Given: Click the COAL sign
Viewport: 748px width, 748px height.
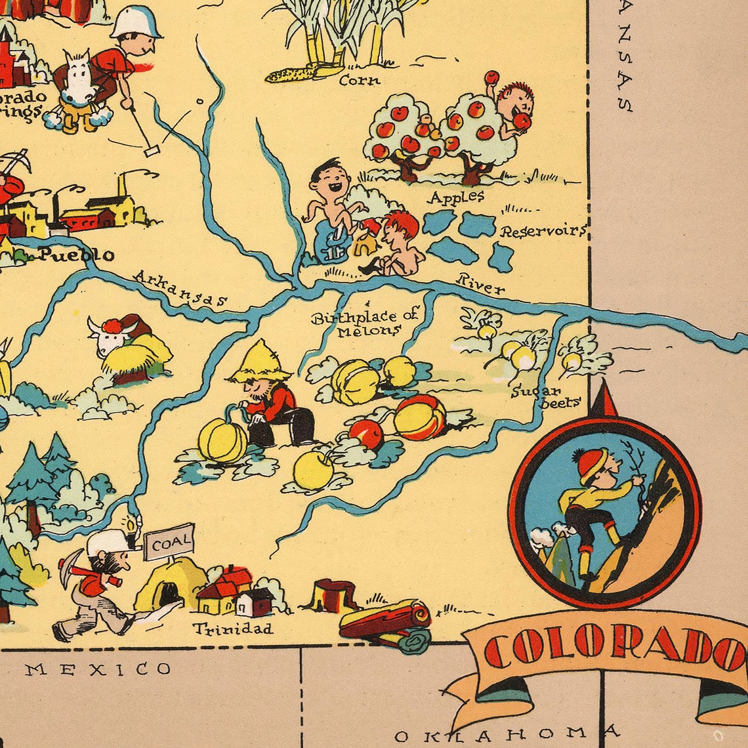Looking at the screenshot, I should [169, 542].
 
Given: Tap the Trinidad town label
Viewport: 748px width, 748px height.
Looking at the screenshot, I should [233, 629].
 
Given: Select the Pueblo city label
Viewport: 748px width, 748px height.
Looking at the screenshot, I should [76, 254].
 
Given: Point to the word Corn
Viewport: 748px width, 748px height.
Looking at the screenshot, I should [360, 81].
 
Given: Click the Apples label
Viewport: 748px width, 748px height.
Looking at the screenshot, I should [457, 196].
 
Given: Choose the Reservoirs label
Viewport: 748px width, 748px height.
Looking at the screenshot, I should [542, 231].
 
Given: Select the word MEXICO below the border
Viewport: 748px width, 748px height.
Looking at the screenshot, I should [98, 669].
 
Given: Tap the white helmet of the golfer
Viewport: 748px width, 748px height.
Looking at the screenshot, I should [136, 22].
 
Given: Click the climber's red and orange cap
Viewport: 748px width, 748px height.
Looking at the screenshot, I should [592, 465].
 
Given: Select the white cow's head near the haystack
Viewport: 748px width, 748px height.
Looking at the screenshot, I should [105, 337].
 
